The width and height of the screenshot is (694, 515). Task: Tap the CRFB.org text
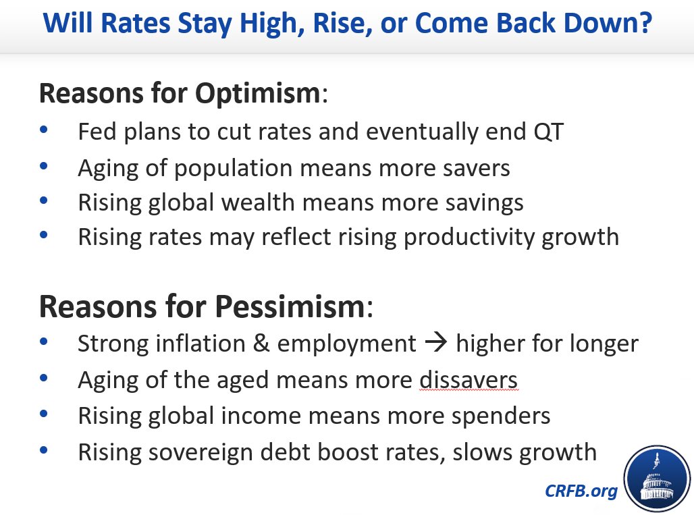[x=581, y=491]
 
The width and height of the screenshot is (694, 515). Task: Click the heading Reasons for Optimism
[x=179, y=94]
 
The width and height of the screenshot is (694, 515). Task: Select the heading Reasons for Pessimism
[x=202, y=308]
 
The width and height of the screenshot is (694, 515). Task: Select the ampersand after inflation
[x=261, y=344]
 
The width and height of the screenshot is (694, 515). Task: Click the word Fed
[x=98, y=132]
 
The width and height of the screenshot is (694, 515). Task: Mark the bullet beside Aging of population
[x=44, y=165]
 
